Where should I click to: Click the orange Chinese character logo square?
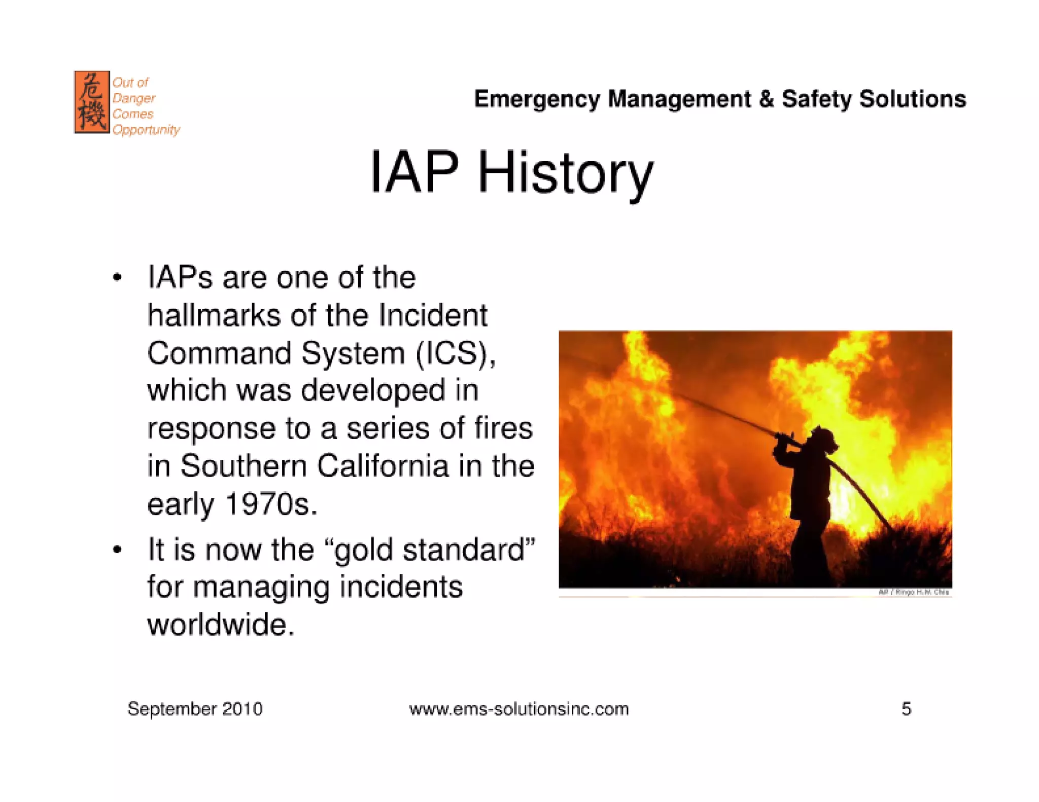92,102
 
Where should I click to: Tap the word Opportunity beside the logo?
146,130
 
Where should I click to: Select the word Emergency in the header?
537,99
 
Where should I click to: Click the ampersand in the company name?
767,99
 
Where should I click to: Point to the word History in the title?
565,173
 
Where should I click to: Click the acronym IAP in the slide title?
414,172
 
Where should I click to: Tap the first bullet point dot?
117,278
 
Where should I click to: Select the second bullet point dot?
117,550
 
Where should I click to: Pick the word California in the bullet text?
383,466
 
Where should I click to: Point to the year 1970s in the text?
271,504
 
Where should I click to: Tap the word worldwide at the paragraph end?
220,625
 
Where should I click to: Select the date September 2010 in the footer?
195,709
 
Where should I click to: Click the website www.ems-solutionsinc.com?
518,709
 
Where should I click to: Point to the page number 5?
906,709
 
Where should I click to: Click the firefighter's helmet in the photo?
822,437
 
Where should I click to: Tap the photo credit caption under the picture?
913,592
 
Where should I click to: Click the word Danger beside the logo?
134,98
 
